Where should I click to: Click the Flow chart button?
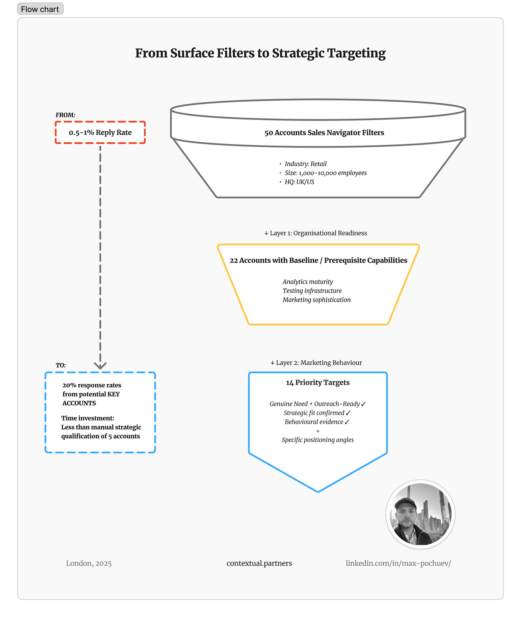pos(40,9)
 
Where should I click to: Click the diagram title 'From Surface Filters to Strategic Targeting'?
pos(260,53)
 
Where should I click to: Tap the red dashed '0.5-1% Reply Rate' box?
pos(100,132)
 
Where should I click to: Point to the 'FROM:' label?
pos(65,115)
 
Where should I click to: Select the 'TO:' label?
pos(61,365)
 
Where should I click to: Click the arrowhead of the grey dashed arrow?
pos(100,365)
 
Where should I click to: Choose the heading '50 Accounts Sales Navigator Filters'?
pos(324,133)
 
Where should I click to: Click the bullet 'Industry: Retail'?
pos(306,164)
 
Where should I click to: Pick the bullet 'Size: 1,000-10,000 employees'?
pos(326,173)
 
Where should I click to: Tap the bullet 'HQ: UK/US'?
pos(300,182)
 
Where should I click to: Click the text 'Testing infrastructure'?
pos(312,291)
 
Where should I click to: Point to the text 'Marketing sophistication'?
pos(317,300)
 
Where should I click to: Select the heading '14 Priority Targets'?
pos(318,383)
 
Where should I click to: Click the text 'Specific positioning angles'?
pos(318,440)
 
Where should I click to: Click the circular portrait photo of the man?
pos(420,514)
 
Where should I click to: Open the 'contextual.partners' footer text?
pos(259,563)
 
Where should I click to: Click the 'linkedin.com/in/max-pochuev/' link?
pos(398,563)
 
